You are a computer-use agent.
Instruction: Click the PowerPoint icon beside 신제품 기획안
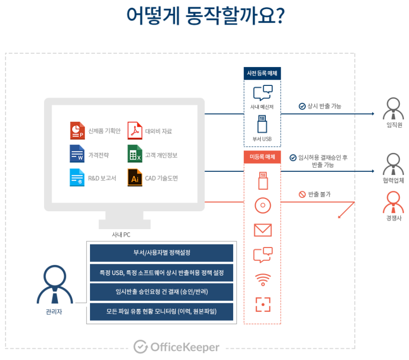coord(77,130)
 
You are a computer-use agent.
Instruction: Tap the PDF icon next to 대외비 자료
coord(134,130)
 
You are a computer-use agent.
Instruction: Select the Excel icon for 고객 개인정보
coord(134,154)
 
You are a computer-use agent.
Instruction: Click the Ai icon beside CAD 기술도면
coord(134,177)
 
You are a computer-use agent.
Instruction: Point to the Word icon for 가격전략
coord(77,154)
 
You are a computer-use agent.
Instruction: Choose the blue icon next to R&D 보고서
coord(77,177)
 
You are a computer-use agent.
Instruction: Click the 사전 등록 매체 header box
coord(262,73)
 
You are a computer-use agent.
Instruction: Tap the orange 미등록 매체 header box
coord(262,157)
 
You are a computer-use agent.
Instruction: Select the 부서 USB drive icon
coord(262,125)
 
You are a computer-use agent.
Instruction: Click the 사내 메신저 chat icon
coord(262,93)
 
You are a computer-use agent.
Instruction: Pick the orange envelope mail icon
coord(262,230)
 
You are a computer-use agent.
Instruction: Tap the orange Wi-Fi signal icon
coord(262,280)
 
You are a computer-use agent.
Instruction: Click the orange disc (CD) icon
coord(262,206)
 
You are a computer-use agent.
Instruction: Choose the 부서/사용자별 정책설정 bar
coord(162,253)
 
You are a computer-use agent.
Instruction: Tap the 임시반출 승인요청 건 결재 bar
coord(162,291)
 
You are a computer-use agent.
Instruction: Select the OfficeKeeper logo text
coord(176,347)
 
